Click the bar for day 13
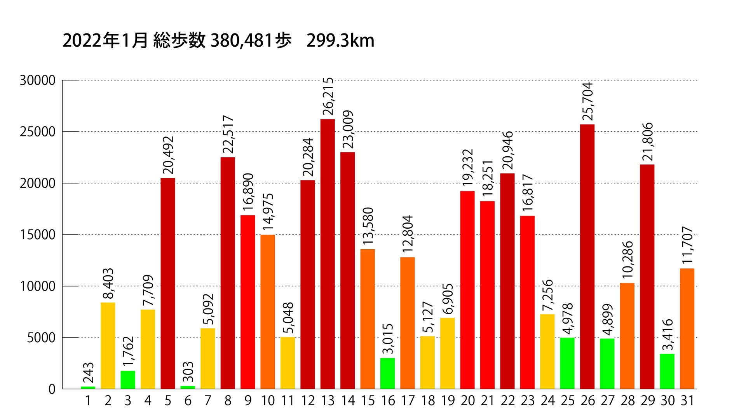(x=328, y=254)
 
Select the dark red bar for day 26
(x=587, y=256)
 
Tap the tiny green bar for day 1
(x=88, y=387)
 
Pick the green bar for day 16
(x=387, y=373)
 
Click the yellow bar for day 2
(x=108, y=345)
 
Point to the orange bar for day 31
(x=687, y=328)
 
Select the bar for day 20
(x=467, y=290)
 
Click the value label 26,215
(x=328, y=96)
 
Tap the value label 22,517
(x=228, y=135)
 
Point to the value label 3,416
(x=668, y=335)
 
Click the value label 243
(x=89, y=373)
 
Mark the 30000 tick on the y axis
(x=38, y=80)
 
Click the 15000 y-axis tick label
(x=38, y=235)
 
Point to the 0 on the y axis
(x=52, y=389)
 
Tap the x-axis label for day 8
(x=228, y=401)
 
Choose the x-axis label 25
(x=567, y=401)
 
